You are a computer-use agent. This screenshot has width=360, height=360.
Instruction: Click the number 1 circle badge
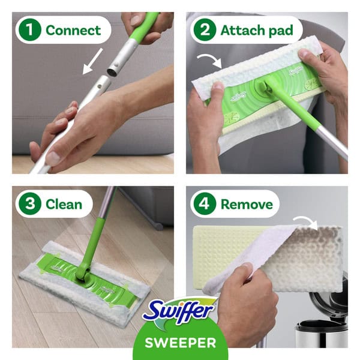[29, 30]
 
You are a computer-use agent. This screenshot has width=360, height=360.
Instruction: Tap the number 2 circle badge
[205, 30]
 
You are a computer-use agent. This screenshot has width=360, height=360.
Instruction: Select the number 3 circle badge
[29, 203]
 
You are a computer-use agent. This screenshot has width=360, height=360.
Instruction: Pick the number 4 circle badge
[205, 203]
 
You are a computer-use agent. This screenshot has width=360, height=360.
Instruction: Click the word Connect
[73, 31]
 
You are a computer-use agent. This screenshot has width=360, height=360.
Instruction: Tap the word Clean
[64, 204]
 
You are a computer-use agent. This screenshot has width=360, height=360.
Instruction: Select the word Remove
[247, 205]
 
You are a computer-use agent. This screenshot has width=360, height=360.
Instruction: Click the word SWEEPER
[181, 343]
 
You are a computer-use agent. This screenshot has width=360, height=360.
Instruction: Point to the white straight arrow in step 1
[92, 61]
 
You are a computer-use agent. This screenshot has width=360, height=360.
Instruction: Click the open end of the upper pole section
[113, 72]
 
